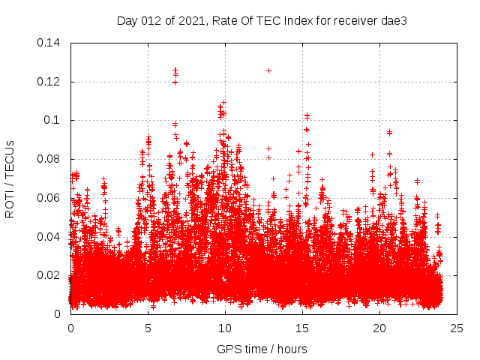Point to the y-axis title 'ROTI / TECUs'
click(10, 178)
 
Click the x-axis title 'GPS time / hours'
click(262, 349)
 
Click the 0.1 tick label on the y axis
click(55, 120)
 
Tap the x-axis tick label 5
click(148, 328)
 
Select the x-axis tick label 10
click(225, 328)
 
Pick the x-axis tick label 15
click(302, 328)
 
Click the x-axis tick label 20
click(379, 328)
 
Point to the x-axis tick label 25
click(457, 328)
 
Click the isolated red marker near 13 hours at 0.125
click(268, 70)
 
